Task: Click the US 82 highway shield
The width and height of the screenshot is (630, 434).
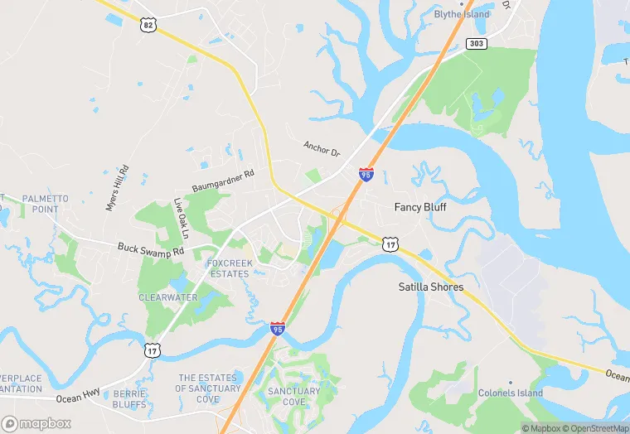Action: click(x=148, y=26)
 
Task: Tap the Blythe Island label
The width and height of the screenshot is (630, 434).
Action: click(x=462, y=14)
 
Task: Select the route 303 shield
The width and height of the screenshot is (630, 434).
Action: click(x=476, y=44)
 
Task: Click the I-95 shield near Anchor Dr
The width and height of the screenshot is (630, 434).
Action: click(x=366, y=174)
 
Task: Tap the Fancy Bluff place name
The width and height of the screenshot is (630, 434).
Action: click(x=419, y=207)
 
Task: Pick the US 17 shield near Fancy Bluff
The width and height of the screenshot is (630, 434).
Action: click(x=390, y=244)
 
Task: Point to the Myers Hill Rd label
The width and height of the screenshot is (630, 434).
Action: click(x=118, y=189)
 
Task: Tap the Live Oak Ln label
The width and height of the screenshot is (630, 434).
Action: click(x=180, y=217)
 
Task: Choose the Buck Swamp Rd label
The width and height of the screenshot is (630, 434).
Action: click(x=149, y=248)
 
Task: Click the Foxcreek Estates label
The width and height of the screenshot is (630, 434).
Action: click(x=227, y=268)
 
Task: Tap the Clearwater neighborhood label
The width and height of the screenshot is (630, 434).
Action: click(x=167, y=297)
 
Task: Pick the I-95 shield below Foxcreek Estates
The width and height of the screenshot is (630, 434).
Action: click(x=277, y=329)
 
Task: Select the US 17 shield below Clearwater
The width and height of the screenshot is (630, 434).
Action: click(x=152, y=351)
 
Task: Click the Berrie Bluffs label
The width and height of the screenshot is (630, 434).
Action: click(x=129, y=398)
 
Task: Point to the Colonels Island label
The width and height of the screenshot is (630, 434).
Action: click(x=509, y=393)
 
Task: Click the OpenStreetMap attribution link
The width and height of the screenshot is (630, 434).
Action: click(x=594, y=428)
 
